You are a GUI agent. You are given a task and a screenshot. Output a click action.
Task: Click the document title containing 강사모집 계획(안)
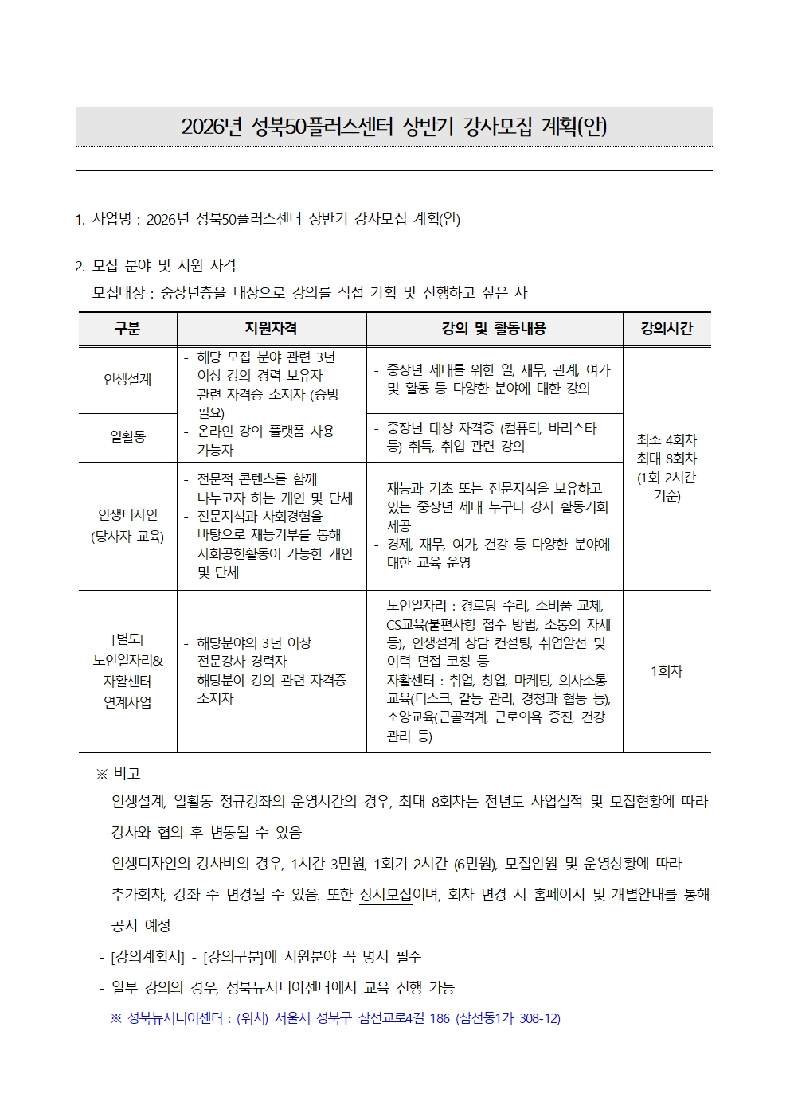394,127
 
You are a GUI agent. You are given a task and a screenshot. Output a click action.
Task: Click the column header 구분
127,329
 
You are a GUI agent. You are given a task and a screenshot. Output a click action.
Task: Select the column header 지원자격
271,329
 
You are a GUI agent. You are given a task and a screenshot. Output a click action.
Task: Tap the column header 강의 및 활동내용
494,329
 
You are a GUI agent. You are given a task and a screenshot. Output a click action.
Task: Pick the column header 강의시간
667,329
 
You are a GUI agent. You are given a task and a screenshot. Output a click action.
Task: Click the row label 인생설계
127,380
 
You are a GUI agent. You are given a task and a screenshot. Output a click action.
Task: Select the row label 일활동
127,436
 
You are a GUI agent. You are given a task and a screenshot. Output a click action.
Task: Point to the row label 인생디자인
127,515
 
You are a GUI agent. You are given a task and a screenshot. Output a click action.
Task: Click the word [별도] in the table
127,639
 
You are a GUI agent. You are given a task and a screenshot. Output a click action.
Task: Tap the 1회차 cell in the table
667,671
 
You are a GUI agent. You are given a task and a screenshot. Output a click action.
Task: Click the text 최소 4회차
667,440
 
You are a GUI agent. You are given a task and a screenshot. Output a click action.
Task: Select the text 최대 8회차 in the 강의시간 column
667,459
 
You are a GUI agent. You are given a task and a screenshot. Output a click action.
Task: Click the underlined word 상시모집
385,894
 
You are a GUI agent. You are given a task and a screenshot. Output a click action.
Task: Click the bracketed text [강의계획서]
147,956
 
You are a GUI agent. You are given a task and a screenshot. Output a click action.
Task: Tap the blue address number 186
440,1018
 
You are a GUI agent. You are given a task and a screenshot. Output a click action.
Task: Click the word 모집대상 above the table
118,293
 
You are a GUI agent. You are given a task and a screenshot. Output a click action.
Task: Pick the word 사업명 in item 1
111,219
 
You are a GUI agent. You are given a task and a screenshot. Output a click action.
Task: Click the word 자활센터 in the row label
127,682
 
